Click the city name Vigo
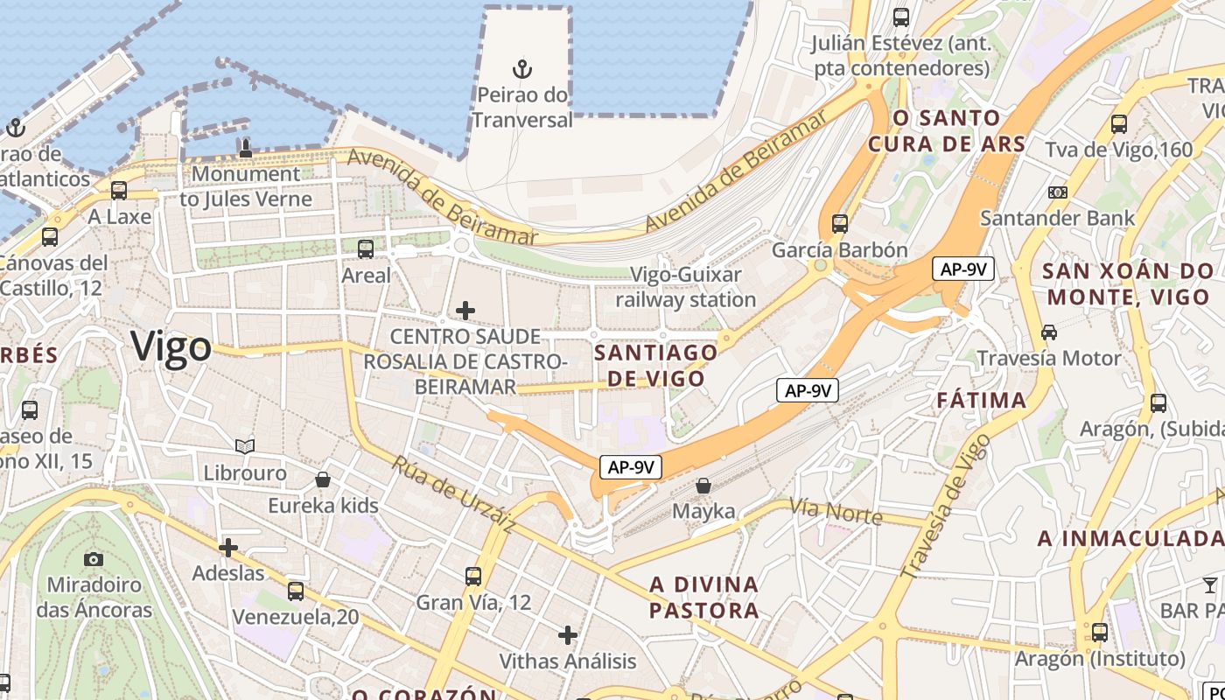point(171,348)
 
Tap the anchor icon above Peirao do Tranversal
point(522,68)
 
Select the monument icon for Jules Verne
point(245,148)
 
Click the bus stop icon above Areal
point(366,249)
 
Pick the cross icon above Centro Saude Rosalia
point(465,310)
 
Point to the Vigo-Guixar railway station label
point(686,287)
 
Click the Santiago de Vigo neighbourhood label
point(656,365)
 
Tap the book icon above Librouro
point(245,447)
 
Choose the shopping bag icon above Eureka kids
point(323,479)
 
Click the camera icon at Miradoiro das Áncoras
point(94,559)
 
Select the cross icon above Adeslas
point(228,548)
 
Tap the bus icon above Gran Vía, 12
point(473,576)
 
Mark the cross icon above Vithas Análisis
point(568,634)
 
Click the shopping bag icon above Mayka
point(703,485)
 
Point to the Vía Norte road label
point(836,511)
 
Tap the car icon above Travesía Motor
point(1048,332)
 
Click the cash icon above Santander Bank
point(1057,192)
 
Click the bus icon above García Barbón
point(840,223)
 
